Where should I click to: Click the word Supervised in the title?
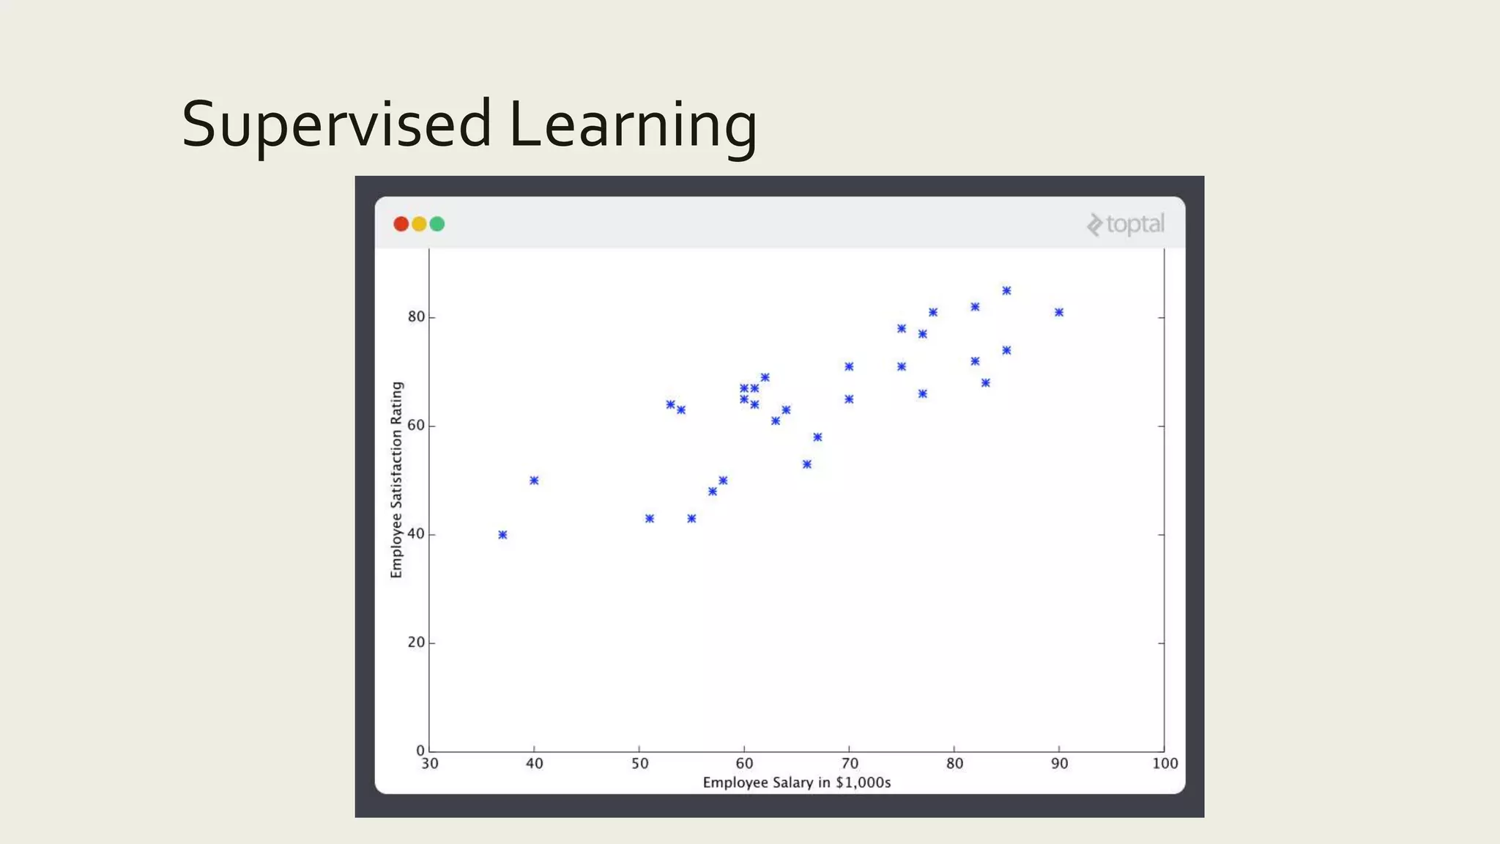tap(335, 125)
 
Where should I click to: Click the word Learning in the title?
tap(632, 125)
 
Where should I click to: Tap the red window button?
tap(401, 224)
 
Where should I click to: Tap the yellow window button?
tap(419, 224)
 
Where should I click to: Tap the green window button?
tap(437, 224)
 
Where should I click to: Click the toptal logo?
tap(1126, 224)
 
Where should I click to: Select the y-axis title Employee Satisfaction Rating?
tap(397, 480)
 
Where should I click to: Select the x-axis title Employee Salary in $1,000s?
tap(796, 782)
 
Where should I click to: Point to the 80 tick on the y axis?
tap(416, 316)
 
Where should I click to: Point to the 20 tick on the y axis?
tap(416, 643)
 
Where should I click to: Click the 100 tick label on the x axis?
tap(1165, 763)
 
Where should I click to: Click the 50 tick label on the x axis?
tap(639, 763)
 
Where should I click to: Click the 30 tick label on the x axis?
tap(430, 763)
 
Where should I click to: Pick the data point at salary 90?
tap(1059, 312)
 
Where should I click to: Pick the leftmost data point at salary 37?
tap(502, 535)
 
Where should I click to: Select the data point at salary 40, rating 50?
tap(534, 481)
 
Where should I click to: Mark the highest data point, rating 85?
tap(1006, 291)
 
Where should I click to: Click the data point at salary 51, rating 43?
tap(650, 519)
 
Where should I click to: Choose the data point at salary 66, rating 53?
tap(807, 464)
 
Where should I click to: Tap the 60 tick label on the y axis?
tap(416, 425)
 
